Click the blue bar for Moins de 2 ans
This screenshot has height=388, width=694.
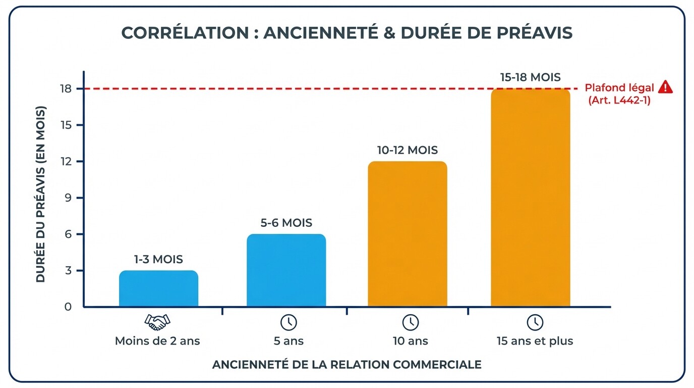point(158,288)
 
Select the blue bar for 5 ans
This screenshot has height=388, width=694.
point(286,270)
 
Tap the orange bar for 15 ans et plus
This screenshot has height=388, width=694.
point(530,198)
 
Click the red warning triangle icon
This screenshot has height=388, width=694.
point(665,87)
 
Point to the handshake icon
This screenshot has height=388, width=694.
point(157,321)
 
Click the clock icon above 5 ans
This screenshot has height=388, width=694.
point(288,322)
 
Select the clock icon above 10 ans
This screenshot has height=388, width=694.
point(410,322)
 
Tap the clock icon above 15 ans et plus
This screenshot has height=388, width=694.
point(535,322)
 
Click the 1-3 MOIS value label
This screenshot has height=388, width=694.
point(158,260)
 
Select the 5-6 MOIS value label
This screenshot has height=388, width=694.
point(286,223)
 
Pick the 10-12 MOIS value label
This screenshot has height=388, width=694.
point(408,150)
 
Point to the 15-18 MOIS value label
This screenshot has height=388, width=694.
point(531,77)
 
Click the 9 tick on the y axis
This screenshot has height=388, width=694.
point(68,198)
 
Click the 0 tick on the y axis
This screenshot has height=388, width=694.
point(68,307)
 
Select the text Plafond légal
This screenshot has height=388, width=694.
point(619,88)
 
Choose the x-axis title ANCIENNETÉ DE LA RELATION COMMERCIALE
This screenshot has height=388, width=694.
point(346,364)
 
